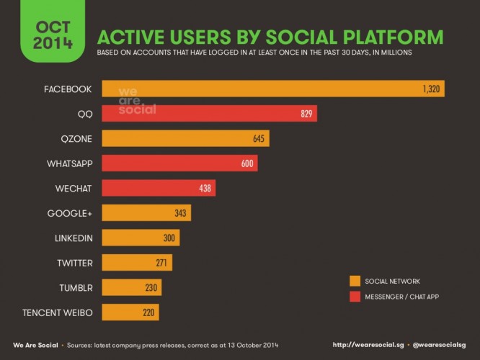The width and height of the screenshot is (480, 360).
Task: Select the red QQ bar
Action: [209, 114]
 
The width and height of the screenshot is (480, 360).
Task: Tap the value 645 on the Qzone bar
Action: [259, 138]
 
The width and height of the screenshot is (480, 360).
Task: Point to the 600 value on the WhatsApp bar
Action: [247, 163]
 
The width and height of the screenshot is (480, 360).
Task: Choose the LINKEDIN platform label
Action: [73, 238]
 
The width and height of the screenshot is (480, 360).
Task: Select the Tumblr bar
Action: [131, 288]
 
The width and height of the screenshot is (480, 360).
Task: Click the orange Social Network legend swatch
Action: [355, 281]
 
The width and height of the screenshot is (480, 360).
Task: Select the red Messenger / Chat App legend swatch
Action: [355, 295]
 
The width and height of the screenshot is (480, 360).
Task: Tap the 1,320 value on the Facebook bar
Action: [431, 89]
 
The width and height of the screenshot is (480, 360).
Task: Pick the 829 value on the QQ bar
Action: [305, 114]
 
